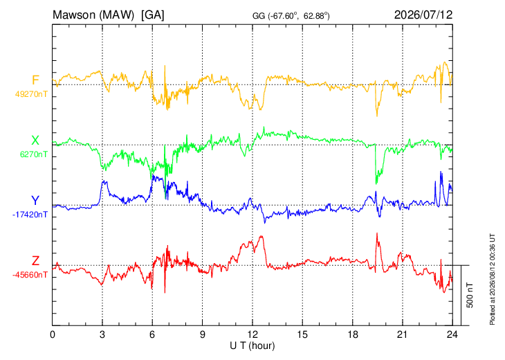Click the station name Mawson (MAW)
(x=93, y=15)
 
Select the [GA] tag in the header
(x=153, y=15)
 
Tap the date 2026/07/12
(x=423, y=15)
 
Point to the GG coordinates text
(x=291, y=16)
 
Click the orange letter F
(x=35, y=80)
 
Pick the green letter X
(x=35, y=141)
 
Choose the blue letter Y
(x=35, y=201)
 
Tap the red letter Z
(x=35, y=260)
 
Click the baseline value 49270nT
(x=31, y=94)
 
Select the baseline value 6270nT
(x=33, y=154)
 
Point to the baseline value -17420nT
(x=30, y=215)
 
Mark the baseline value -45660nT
(x=30, y=275)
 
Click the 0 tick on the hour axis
(x=53, y=335)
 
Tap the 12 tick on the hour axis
(x=252, y=335)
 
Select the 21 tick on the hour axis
(x=403, y=335)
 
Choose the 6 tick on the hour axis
(x=152, y=335)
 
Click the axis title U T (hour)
(x=252, y=346)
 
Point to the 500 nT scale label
(x=470, y=295)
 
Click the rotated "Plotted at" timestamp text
(x=492, y=279)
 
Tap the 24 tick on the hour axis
(x=452, y=335)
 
